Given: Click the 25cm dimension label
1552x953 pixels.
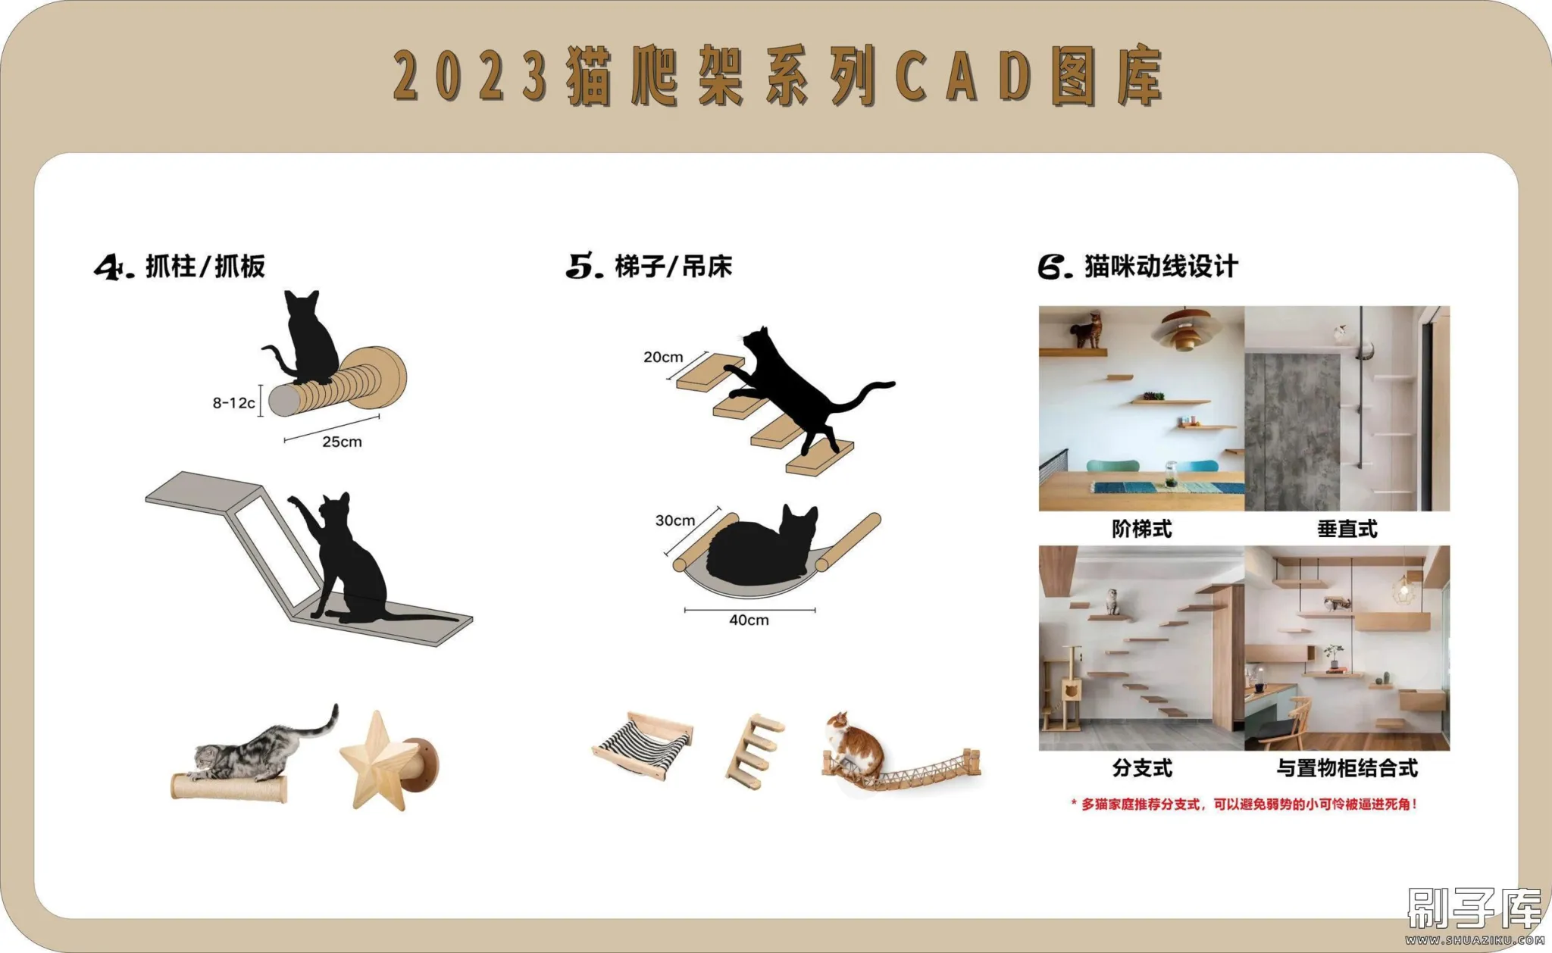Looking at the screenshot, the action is [342, 442].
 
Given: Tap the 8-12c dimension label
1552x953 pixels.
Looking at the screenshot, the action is [233, 403].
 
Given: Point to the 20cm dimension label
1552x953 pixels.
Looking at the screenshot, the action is [663, 357].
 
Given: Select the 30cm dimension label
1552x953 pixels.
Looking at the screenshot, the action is [675, 520].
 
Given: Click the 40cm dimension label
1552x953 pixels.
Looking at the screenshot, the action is [749, 620].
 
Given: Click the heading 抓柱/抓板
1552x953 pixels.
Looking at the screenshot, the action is [205, 267].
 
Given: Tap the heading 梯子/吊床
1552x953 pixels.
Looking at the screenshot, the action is [674, 267].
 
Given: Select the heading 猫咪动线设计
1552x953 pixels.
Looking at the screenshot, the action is [1161, 267].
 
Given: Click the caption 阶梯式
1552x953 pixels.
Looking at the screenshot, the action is [1142, 529].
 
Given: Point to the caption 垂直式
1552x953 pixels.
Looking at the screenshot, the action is [1347, 529].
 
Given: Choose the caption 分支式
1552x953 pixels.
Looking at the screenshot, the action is [1142, 768].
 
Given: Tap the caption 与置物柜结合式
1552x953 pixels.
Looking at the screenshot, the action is [1347, 768].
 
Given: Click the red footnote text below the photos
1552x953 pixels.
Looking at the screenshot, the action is [1244, 804].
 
